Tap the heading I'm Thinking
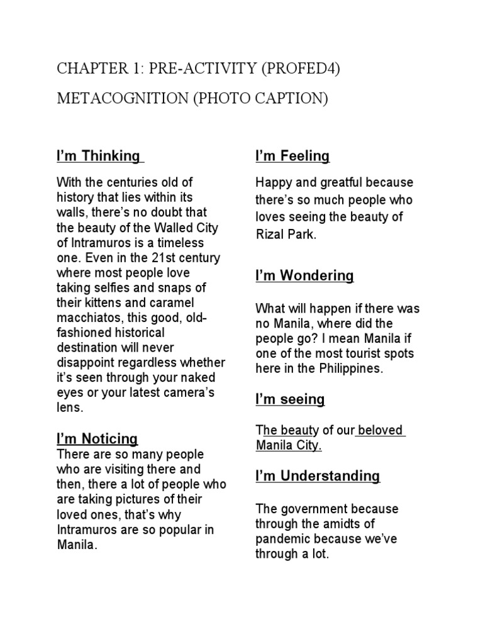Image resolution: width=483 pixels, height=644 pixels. [x=98, y=155]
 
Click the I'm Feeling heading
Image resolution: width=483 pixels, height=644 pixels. [x=292, y=155]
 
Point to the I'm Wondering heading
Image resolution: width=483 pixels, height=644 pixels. [x=304, y=275]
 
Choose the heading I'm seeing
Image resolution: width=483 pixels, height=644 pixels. [x=290, y=399]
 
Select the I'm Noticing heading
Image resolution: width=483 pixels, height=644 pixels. [x=97, y=438]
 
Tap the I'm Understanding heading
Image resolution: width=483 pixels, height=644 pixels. [x=318, y=476]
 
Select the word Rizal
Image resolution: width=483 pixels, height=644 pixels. [x=269, y=234]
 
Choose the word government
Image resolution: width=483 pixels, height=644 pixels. [x=313, y=509]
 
